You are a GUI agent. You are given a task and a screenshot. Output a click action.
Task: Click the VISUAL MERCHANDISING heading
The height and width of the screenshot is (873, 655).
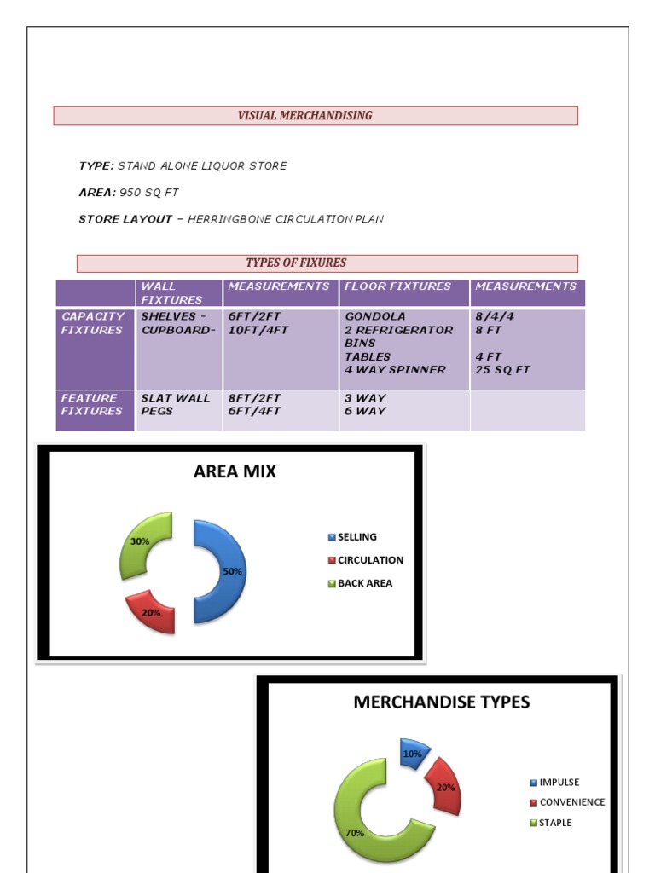point(304,116)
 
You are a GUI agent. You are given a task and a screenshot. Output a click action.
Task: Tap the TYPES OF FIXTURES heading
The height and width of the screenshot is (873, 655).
point(296,263)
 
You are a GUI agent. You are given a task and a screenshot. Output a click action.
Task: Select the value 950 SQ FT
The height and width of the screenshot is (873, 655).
point(149,193)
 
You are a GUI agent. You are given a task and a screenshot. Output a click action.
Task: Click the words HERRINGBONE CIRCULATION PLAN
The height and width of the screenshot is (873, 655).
point(286,219)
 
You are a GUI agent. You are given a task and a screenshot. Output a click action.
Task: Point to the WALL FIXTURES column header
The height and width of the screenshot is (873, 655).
point(171,292)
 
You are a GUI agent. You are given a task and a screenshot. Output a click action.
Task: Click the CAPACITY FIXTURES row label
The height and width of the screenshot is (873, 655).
point(93,323)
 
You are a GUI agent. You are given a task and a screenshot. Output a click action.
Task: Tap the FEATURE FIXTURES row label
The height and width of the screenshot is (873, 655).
point(91,404)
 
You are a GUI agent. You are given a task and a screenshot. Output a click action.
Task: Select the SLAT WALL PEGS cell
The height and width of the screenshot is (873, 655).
point(175,404)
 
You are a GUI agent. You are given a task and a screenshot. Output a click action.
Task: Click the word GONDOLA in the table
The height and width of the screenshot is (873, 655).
point(374,316)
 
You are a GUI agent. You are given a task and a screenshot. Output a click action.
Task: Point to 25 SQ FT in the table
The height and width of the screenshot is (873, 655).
point(502,370)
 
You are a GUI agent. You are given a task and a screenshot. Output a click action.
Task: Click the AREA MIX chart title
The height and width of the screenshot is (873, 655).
point(235,471)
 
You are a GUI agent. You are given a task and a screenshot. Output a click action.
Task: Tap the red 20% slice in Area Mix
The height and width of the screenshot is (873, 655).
point(152,612)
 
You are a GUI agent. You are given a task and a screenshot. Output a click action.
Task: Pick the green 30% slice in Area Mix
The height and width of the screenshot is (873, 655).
point(142,542)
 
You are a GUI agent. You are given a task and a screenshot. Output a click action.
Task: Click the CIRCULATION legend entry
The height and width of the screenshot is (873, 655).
point(369,560)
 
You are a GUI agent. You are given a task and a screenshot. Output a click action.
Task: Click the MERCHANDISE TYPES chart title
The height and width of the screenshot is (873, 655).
point(441,702)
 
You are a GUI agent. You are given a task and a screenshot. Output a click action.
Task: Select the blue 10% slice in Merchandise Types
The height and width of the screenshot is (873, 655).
point(412,754)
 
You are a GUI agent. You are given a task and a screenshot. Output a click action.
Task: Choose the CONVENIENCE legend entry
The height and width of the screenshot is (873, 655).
point(571,802)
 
